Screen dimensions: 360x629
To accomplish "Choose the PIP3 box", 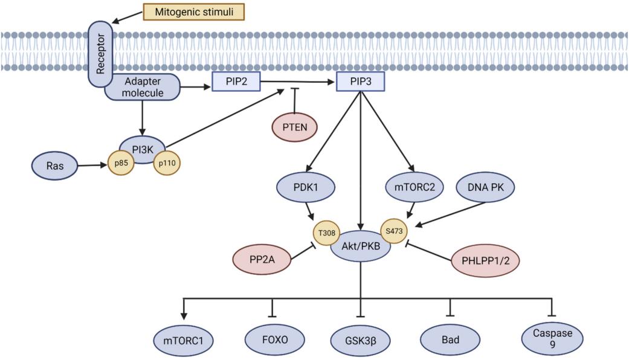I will [x=360, y=82].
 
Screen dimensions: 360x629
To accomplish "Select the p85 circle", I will [x=121, y=163].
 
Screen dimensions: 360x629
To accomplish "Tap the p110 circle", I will [x=167, y=163].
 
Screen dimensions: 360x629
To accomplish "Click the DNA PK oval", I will [x=486, y=188].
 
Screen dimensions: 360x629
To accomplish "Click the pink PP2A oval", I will [x=262, y=259].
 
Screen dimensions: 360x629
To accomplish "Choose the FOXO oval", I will [x=276, y=339].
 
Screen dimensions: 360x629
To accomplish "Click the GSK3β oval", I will [x=361, y=339].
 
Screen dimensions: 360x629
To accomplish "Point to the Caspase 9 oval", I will [x=551, y=339].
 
